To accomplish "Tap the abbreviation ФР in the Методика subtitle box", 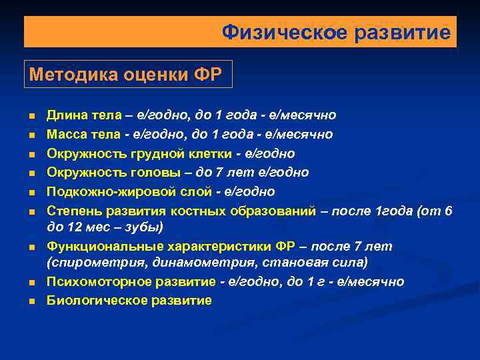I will click(x=207, y=73).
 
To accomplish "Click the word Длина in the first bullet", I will click(x=64, y=116).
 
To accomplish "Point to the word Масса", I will click(x=65, y=135).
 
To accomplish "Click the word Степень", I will click(x=73, y=211).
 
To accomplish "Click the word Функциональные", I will click(x=100, y=247).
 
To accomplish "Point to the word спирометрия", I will click(x=89, y=263).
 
